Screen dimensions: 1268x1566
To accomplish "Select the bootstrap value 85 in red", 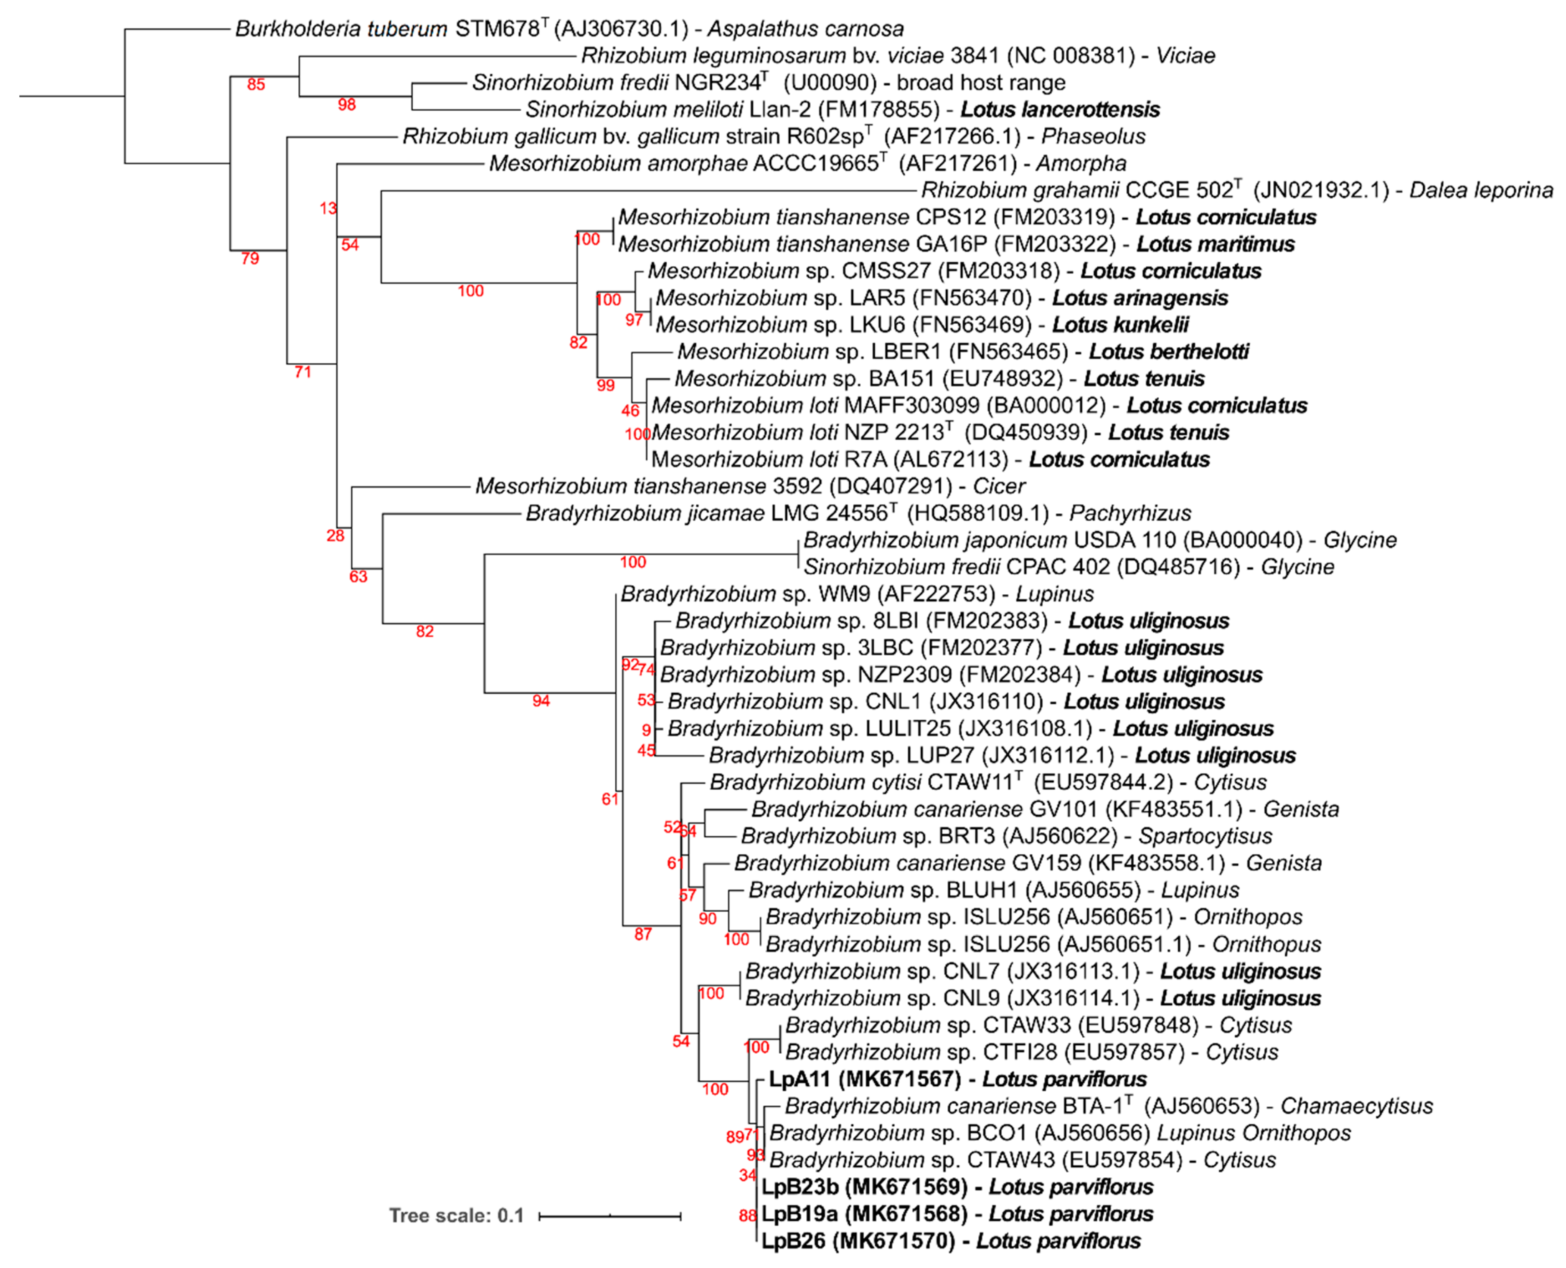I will click(x=256, y=85).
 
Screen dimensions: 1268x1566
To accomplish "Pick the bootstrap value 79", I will click(x=250, y=259).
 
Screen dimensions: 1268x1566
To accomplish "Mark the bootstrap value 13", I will click(x=328, y=209).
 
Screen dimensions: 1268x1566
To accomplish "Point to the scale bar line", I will click(x=610, y=1216).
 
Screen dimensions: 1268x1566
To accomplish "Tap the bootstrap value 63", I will click(x=358, y=577).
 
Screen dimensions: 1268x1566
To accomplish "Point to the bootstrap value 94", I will click(x=541, y=701).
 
